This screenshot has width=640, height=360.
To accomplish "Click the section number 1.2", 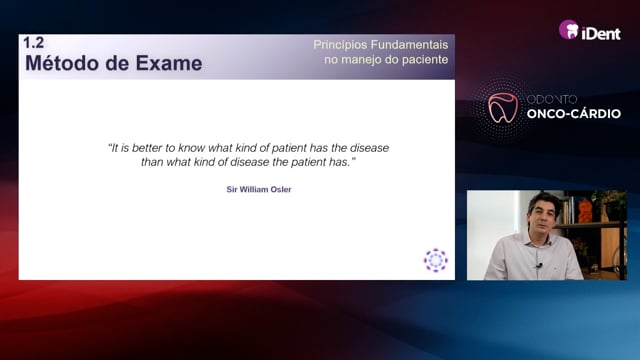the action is pos(33,43).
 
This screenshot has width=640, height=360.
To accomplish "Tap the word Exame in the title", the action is pos(169,64).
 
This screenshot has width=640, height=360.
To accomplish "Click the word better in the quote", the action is pos(148,148).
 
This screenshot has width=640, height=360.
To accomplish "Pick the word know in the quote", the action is pos(191,148).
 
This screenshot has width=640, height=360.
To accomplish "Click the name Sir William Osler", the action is pos(259,189).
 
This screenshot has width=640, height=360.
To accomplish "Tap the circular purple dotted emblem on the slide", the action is pos(436,260).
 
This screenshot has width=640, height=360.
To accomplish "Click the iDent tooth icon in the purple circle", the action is pos(569,29).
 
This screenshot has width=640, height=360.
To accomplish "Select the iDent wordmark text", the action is pos(601,33).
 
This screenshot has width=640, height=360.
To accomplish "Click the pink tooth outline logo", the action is pos(503,107).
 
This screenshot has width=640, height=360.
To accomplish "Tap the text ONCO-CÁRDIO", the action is pos(573,114).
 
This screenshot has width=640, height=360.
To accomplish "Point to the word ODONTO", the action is pos(551,99).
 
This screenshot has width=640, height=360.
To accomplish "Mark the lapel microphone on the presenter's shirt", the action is pos(539,266).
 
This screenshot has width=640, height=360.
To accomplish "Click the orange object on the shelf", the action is pos(585,211).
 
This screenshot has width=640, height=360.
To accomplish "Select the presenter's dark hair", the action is pos(541,203).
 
